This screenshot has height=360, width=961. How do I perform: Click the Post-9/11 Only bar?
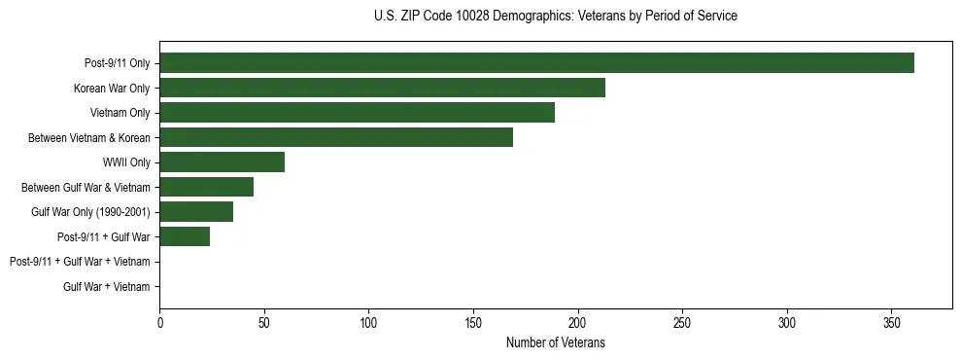536,63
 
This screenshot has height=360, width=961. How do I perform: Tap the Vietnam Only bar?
357,113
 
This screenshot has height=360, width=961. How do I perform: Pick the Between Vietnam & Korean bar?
336,138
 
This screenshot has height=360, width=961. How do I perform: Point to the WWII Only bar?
222,162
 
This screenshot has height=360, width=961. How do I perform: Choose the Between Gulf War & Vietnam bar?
206,187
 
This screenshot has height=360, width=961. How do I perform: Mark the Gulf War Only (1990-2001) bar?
196,212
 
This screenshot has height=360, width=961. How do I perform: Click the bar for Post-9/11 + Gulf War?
185,236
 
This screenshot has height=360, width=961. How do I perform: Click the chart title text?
555,17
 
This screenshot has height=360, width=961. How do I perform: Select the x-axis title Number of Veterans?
555,342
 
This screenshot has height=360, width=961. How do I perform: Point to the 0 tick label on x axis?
159,322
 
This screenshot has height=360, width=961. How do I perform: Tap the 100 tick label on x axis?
368,322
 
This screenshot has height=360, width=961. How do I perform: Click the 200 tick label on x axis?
577,322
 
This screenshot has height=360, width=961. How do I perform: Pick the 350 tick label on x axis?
891,322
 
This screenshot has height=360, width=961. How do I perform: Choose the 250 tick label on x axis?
682,322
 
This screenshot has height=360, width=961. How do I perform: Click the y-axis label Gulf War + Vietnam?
107,287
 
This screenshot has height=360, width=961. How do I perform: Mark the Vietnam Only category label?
122,114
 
